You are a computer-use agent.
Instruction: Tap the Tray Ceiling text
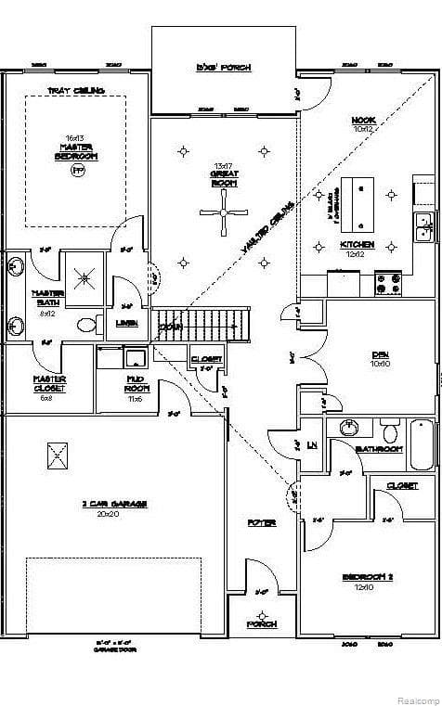pos(76,90)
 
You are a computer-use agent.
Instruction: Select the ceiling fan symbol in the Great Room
pos(224,212)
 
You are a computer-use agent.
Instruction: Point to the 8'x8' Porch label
pos(224,68)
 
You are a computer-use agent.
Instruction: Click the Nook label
pos(362,124)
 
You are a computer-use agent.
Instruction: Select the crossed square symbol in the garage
pos(58,455)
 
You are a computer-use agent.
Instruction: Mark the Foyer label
pos(261,523)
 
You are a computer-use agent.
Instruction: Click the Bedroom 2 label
pos(368,581)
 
